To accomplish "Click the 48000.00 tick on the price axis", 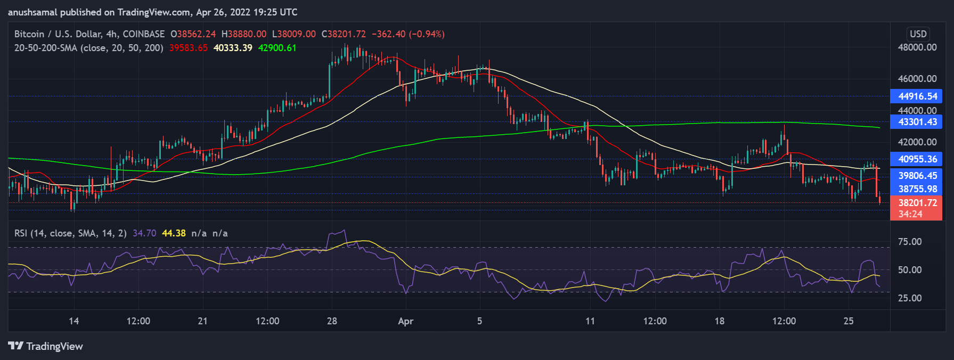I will [917, 47].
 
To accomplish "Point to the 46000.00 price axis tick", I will [917, 79].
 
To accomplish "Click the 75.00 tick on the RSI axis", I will [909, 242].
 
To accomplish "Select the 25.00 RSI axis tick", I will [909, 298].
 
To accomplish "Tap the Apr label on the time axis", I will [405, 321].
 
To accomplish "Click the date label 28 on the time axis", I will [332, 321].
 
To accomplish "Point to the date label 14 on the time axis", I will [74, 321].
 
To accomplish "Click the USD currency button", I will [918, 34].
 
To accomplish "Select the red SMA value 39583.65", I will [189, 48].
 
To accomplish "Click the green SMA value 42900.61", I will [277, 48].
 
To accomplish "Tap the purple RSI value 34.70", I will [144, 233].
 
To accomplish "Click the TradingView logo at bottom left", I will [46, 346].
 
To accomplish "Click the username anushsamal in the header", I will [32, 12].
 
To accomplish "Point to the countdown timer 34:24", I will [910, 214].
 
